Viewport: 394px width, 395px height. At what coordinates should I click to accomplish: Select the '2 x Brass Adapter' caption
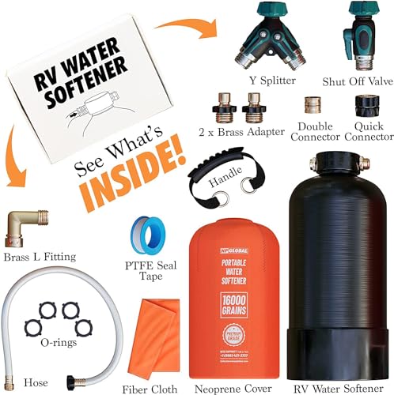click(237, 131)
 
